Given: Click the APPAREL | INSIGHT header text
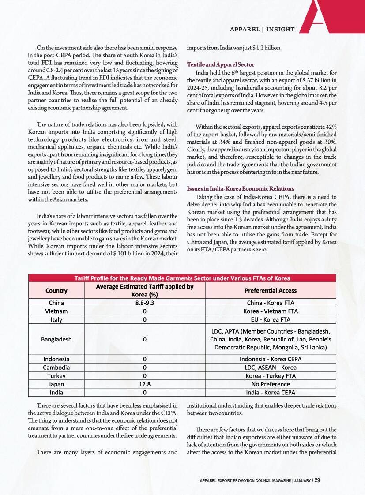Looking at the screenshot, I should (x=262, y=30).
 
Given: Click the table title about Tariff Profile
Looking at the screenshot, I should (x=182, y=278).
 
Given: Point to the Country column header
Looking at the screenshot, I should (x=56, y=290).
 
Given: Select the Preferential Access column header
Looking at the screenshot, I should (x=271, y=290).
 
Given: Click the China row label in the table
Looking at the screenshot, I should (x=56, y=303).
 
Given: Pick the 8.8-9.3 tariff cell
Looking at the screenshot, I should (x=144, y=303).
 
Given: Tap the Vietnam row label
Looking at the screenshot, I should (x=56, y=311).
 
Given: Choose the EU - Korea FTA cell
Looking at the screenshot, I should (x=271, y=319).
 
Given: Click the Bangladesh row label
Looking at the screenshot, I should (x=56, y=339).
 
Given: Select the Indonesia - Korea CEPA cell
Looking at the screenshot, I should (x=271, y=359).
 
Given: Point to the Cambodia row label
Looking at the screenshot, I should (x=56, y=367).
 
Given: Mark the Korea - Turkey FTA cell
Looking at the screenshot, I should (x=271, y=376).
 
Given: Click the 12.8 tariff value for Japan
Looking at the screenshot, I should (x=144, y=384).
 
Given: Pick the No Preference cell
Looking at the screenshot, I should (x=271, y=384).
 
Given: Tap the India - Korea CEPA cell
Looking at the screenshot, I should (x=271, y=392).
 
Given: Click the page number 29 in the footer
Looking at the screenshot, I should (x=317, y=480).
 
